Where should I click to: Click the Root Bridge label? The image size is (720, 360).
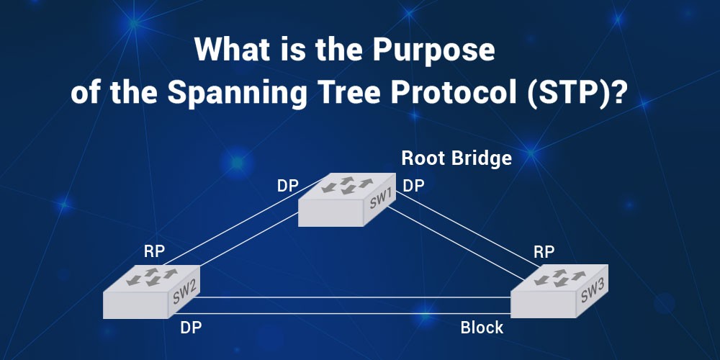(x=456, y=158)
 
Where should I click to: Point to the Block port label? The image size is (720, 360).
(x=482, y=328)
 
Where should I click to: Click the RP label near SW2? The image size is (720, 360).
(x=154, y=251)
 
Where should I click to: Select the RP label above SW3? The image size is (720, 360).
(x=544, y=251)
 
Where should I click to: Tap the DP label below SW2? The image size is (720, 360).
(x=191, y=328)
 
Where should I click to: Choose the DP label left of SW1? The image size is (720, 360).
(x=288, y=186)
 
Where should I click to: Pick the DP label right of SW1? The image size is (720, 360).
(x=413, y=186)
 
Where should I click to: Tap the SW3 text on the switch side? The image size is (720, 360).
(x=592, y=292)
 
